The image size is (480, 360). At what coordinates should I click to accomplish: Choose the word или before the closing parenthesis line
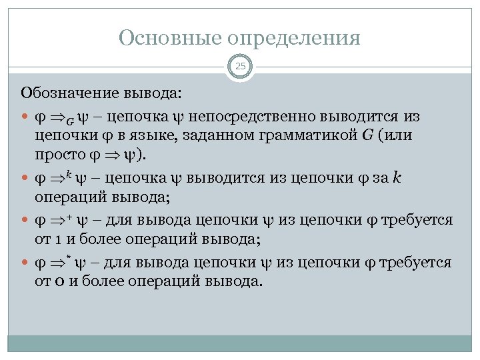pyautogui.click(x=401, y=136)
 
